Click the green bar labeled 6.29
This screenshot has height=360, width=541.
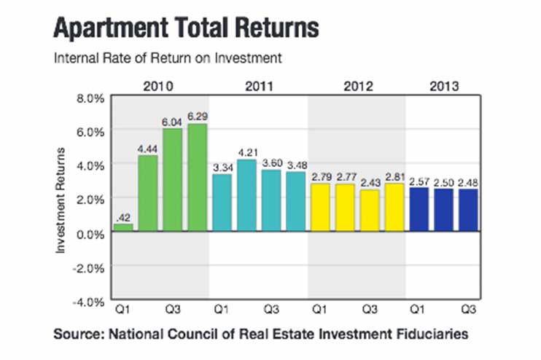pyautogui.click(x=197, y=178)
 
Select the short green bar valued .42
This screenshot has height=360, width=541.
pyautogui.click(x=123, y=227)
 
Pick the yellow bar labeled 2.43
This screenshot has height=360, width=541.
pyautogui.click(x=370, y=211)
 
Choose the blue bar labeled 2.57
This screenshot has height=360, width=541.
pyautogui.click(x=419, y=210)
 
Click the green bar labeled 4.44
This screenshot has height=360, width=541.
pyautogui.click(x=148, y=193)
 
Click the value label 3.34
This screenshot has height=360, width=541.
pyautogui.click(x=222, y=168)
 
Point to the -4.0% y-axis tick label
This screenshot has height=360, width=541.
pyautogui.click(x=88, y=300)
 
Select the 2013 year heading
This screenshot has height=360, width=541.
pyautogui.click(x=443, y=86)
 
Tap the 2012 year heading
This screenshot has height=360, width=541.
pyautogui.click(x=357, y=86)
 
